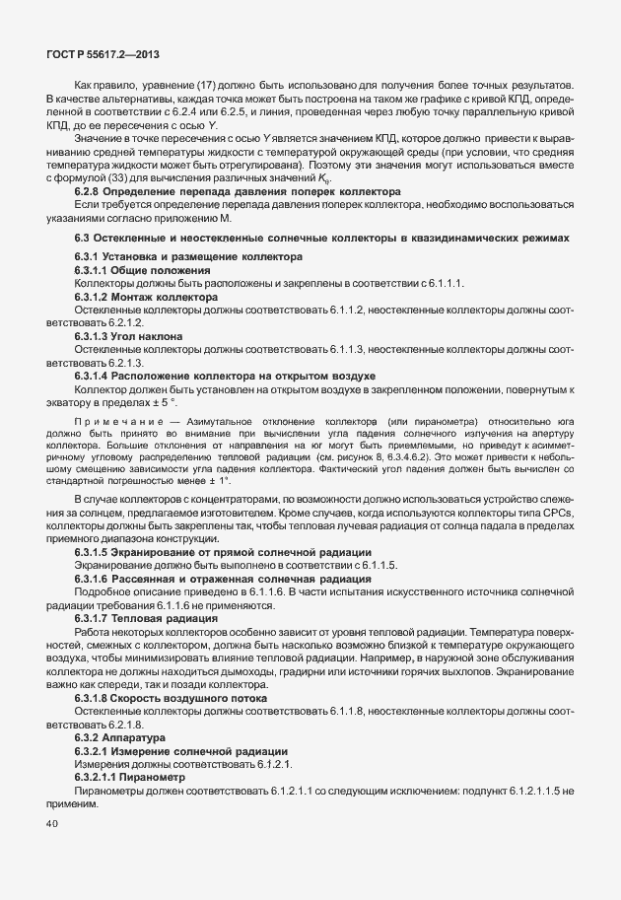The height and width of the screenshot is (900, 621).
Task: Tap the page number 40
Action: click(52, 824)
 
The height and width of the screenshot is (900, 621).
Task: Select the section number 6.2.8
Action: click(92, 193)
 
